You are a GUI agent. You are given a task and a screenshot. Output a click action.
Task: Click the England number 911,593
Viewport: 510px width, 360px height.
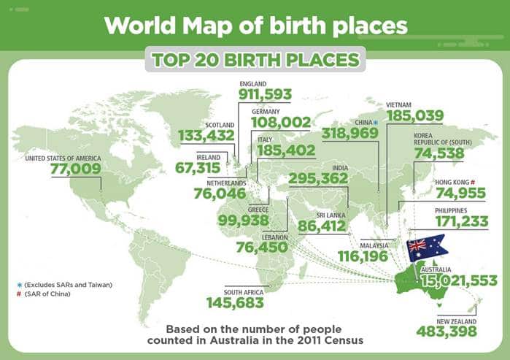(x=266, y=94)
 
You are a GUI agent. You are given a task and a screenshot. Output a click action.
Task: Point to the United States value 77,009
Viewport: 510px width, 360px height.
(x=75, y=169)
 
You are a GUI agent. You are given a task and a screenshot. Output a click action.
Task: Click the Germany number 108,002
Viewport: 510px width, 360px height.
(x=281, y=122)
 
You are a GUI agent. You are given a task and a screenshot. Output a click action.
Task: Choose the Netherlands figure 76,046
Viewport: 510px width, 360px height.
(x=220, y=194)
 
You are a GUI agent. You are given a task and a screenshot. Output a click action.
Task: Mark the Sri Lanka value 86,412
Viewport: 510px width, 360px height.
(x=326, y=228)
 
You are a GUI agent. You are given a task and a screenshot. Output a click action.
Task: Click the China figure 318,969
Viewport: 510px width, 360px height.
(x=350, y=133)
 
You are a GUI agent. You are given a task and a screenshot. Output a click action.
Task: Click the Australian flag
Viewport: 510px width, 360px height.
(x=428, y=247)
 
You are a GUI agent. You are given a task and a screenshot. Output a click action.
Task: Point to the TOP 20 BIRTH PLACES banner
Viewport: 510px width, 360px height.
(x=255, y=60)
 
